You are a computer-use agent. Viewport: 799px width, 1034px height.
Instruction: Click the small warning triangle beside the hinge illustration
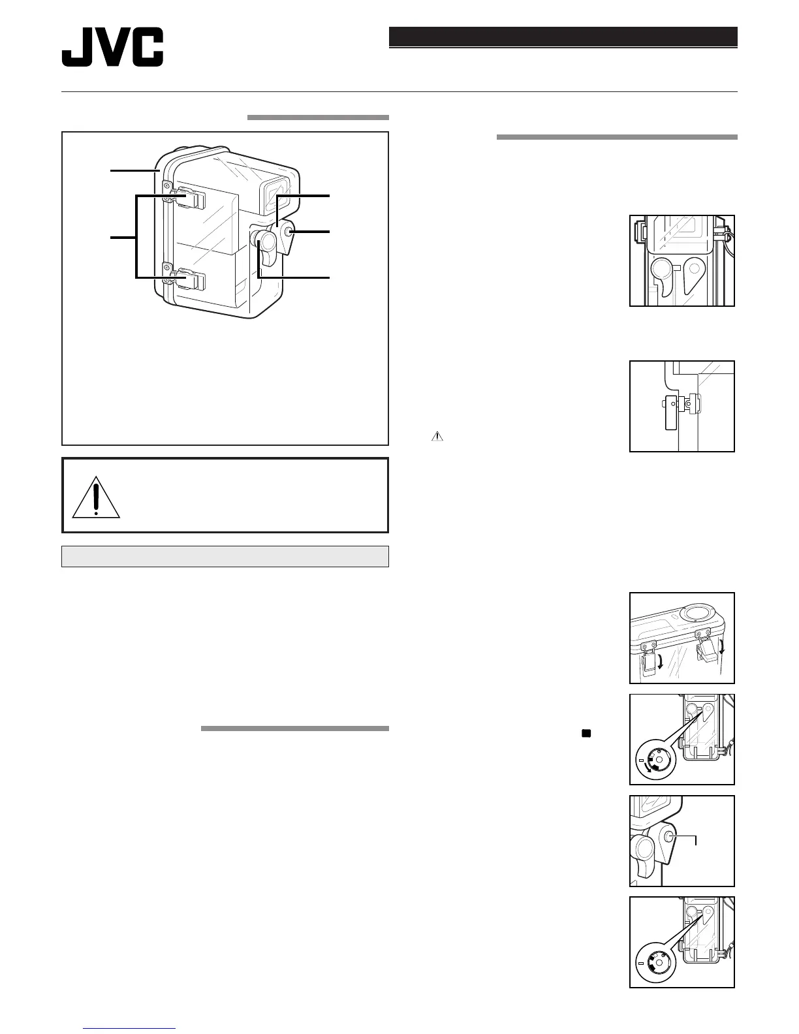pyautogui.click(x=436, y=437)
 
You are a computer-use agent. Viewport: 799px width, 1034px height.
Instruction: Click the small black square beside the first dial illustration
pyautogui.click(x=586, y=734)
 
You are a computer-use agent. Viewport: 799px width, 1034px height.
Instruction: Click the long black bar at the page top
pyautogui.click(x=563, y=37)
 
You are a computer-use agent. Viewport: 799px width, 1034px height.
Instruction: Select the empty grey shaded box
pyautogui.click(x=225, y=556)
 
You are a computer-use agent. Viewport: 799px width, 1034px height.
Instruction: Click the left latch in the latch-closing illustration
pyautogui.click(x=650, y=659)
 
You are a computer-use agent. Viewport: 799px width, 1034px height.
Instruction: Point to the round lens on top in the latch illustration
pyautogui.click(x=694, y=612)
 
